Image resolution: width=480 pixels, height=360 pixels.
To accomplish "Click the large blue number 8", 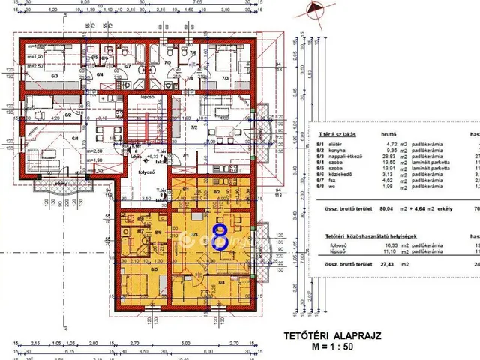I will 220,237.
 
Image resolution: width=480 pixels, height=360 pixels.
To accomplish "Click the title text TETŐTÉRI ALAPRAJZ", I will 332,337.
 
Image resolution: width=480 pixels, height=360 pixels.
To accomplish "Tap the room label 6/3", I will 54,75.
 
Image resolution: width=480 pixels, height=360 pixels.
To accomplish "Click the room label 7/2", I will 193,128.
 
